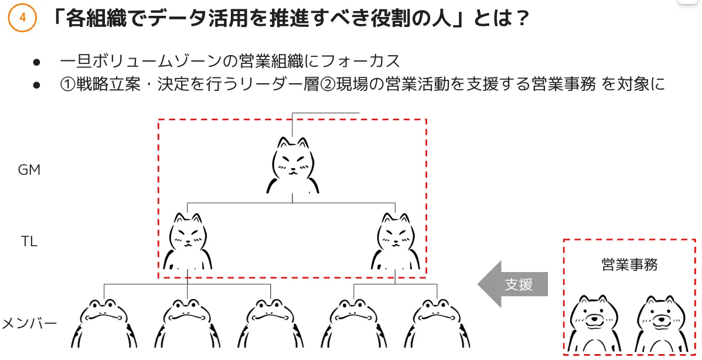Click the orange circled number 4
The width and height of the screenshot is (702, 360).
(x=22, y=18)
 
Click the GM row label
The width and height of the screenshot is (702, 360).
(x=29, y=169)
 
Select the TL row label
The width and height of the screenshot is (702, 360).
(x=29, y=242)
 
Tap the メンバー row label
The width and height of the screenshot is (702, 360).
(x=29, y=323)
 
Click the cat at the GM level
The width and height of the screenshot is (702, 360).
(x=293, y=165)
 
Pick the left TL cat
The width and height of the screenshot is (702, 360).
(x=188, y=242)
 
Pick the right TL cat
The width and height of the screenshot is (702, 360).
(x=396, y=242)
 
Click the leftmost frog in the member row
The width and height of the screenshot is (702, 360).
(x=104, y=323)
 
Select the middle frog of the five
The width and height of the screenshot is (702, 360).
(x=270, y=323)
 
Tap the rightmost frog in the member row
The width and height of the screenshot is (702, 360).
(x=437, y=323)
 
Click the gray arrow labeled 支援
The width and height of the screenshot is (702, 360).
(x=513, y=284)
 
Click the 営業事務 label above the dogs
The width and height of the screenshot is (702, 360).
(x=629, y=264)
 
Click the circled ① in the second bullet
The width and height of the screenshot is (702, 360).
(x=67, y=84)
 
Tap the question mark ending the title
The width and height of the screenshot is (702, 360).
(x=521, y=18)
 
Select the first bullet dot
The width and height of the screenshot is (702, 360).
(x=37, y=62)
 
